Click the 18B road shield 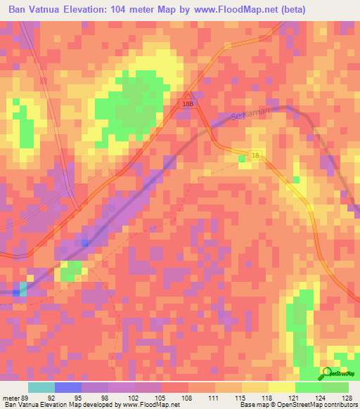click(186, 103)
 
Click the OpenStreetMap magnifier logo click(328, 374)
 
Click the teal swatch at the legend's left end click(41, 387)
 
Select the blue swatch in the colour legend click(68, 387)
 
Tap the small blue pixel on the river click(84, 243)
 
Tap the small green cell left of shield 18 click(243, 159)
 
